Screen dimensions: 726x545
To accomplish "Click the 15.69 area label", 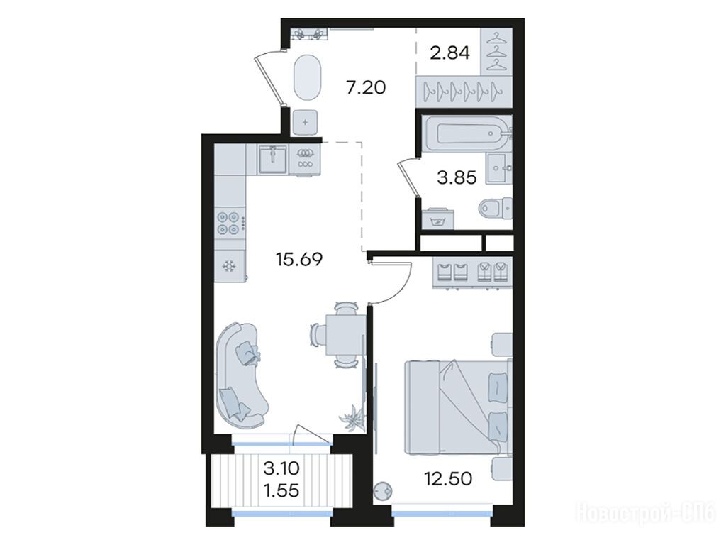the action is [298, 259].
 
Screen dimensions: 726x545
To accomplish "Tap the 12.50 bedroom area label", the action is [448, 478].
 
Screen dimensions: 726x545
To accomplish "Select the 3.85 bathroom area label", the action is [457, 177].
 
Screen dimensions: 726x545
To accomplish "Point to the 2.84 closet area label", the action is [449, 53].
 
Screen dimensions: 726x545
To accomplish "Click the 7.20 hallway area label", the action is [366, 87].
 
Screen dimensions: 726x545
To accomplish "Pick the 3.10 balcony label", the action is [281, 468].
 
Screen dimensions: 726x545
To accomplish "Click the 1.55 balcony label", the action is [281, 490].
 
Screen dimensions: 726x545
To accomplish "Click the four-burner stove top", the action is [230, 222].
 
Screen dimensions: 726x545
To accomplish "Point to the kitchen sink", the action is [273, 159].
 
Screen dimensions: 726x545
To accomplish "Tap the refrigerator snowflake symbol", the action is [228, 267].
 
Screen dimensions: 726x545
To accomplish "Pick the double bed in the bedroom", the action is [458, 407].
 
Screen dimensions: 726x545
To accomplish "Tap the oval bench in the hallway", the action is [306, 77].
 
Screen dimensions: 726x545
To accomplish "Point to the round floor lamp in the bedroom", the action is [383, 490].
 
